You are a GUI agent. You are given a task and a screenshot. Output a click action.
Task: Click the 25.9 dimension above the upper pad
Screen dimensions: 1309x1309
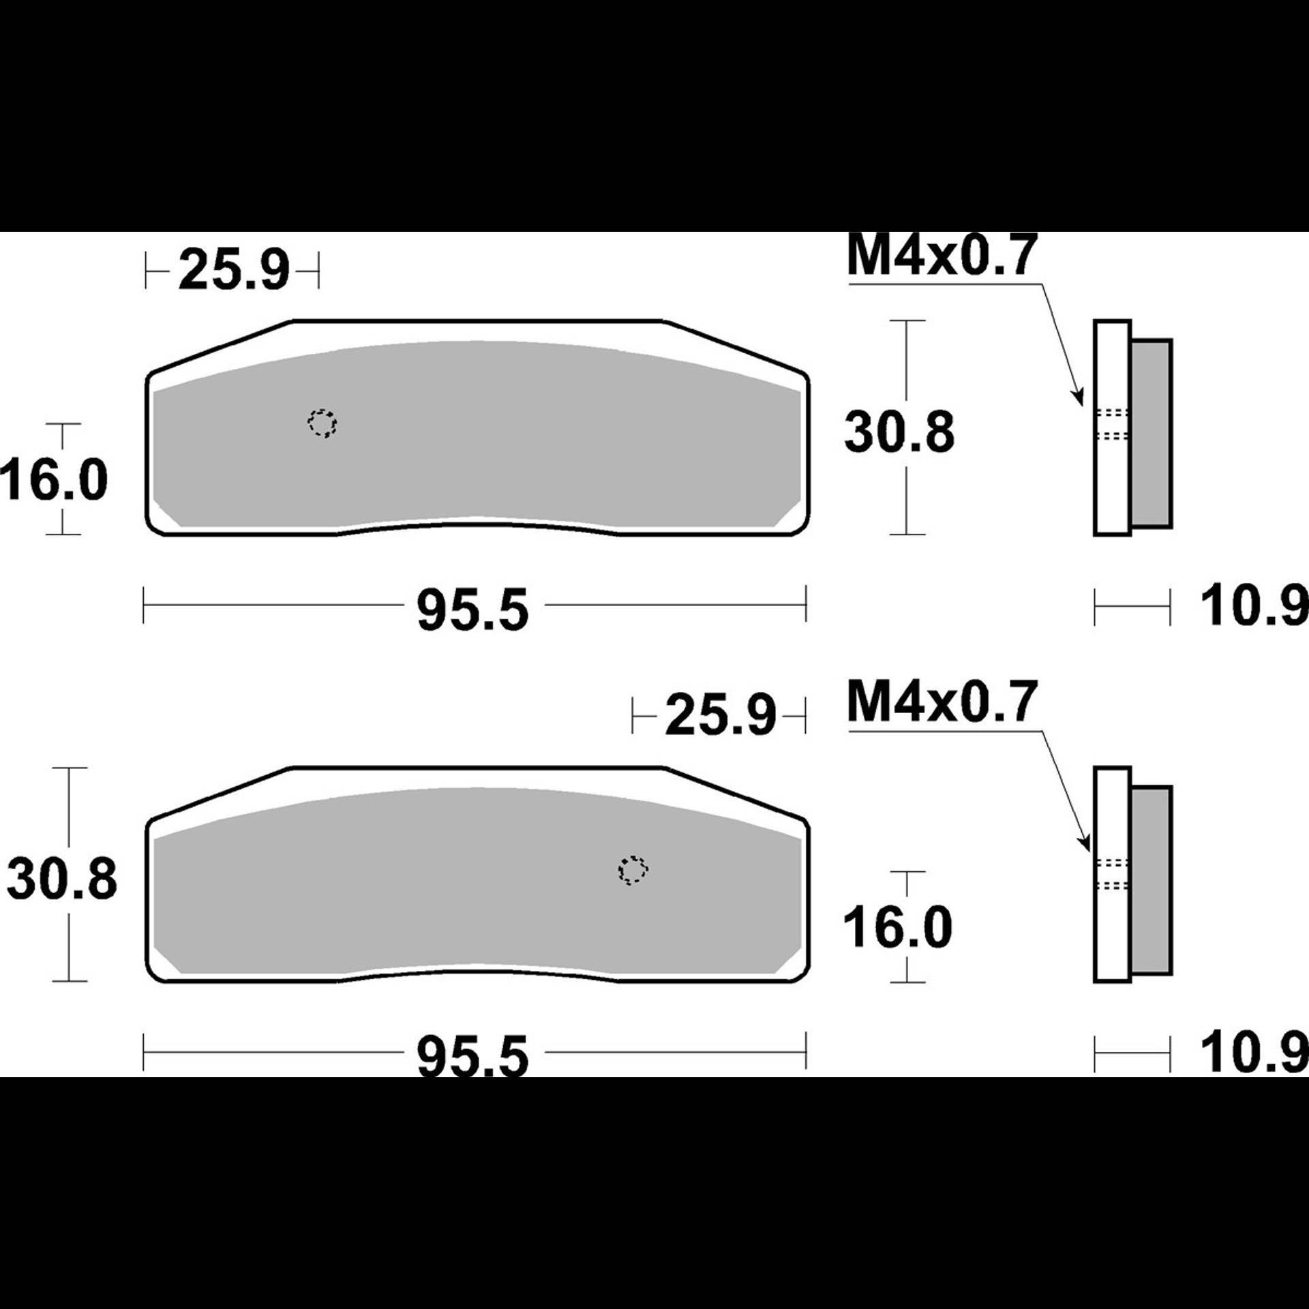click(234, 271)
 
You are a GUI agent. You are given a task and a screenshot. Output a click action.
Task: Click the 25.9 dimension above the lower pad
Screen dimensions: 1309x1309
click(721, 715)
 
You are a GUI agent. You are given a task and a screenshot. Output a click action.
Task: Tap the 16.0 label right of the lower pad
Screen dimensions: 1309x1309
click(898, 927)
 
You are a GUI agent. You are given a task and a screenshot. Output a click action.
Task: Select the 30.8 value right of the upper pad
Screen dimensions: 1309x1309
click(899, 433)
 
